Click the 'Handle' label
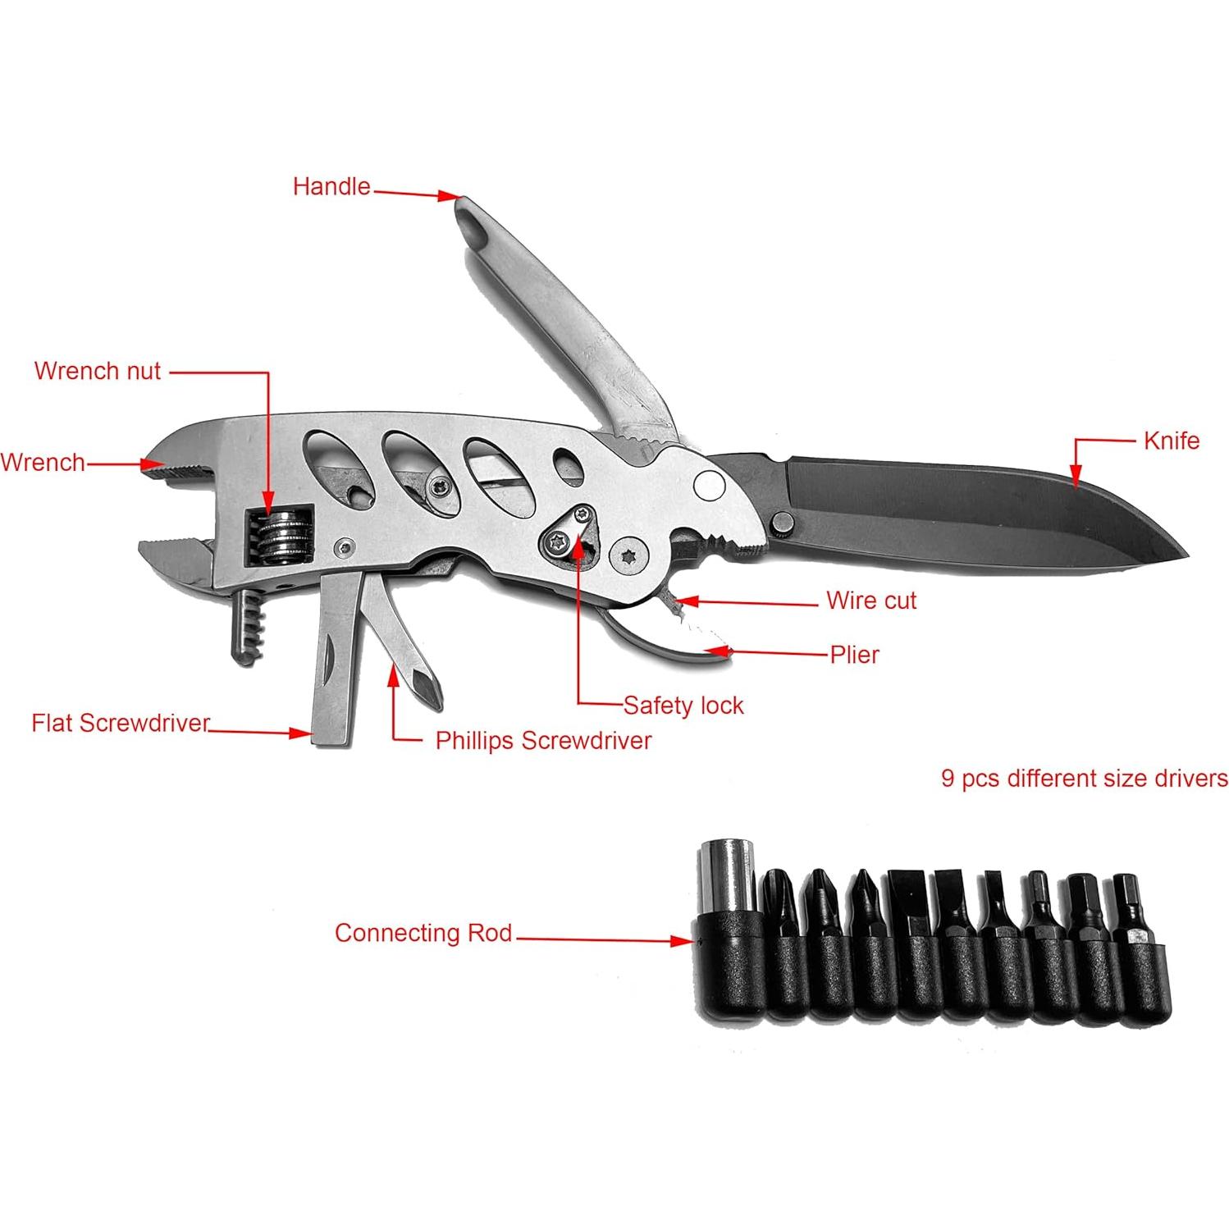(331, 187)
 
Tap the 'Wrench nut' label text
(98, 371)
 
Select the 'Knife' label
(1171, 441)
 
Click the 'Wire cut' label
(870, 601)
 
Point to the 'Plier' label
(854, 655)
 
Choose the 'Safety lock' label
(683, 706)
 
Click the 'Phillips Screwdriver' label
(543, 741)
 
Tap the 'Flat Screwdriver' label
(121, 724)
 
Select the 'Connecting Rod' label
(423, 933)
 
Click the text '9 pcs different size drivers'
(1084, 778)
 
